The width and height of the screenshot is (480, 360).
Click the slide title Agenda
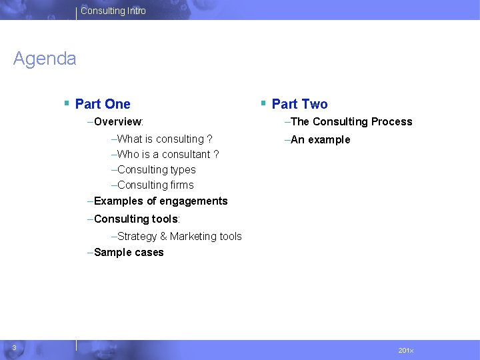(x=45, y=59)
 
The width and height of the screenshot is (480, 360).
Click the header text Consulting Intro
(x=113, y=11)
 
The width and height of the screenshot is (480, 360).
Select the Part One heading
(x=103, y=104)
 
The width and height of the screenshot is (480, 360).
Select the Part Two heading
(x=299, y=104)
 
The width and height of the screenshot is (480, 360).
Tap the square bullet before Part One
(x=67, y=103)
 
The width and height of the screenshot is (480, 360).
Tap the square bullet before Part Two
(x=263, y=103)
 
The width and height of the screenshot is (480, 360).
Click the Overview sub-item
(x=119, y=122)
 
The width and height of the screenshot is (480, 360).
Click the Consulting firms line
(x=155, y=185)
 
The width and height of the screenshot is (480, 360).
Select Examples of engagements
(x=160, y=201)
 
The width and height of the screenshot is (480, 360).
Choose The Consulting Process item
(x=351, y=122)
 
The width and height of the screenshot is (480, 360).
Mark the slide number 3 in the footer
(x=14, y=345)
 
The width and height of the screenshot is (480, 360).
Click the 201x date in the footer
(x=405, y=350)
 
